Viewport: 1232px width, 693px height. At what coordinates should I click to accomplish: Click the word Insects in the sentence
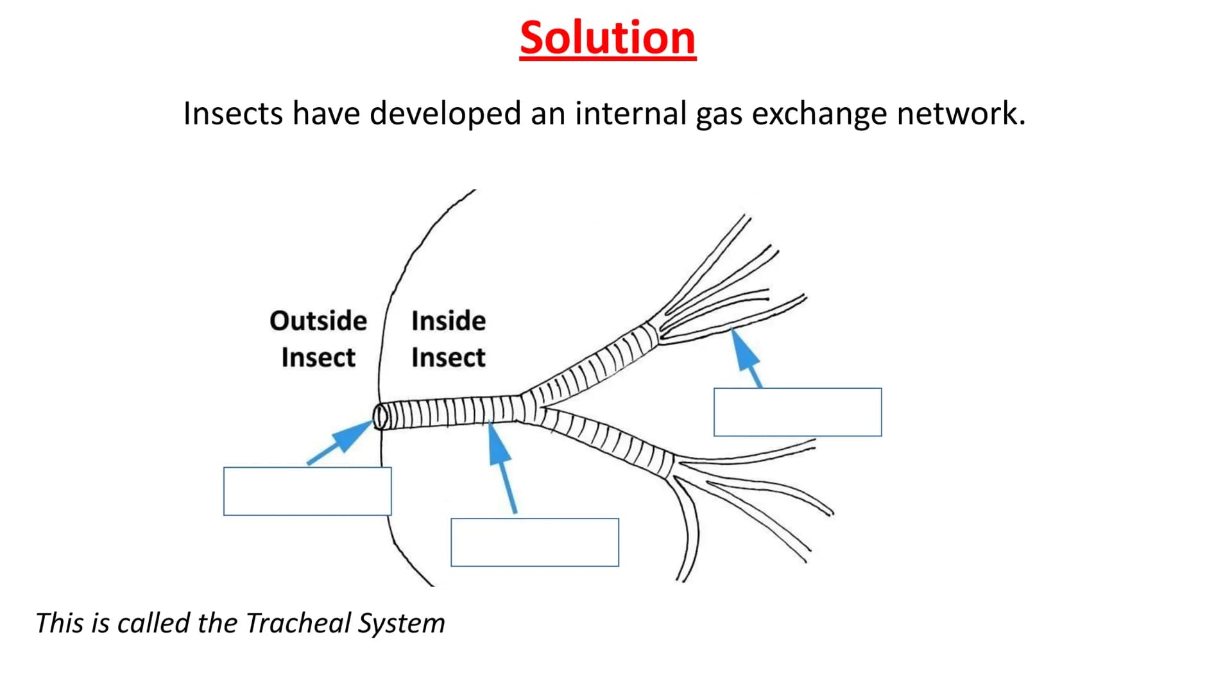[233, 114]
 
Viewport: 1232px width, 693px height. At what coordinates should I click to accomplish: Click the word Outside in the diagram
[318, 321]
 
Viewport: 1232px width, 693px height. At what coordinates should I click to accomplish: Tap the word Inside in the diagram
[449, 321]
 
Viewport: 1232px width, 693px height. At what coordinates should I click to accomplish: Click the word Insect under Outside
[318, 357]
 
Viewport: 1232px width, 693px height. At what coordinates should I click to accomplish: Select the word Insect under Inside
[449, 357]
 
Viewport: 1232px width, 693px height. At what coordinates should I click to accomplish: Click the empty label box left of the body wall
[307, 491]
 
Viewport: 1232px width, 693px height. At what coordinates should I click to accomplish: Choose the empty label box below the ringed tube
[535, 542]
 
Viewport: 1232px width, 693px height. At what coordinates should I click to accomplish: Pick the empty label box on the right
[798, 412]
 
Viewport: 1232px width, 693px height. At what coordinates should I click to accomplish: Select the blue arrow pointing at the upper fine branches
[748, 358]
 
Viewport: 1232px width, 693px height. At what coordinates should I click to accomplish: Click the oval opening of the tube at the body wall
[380, 416]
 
